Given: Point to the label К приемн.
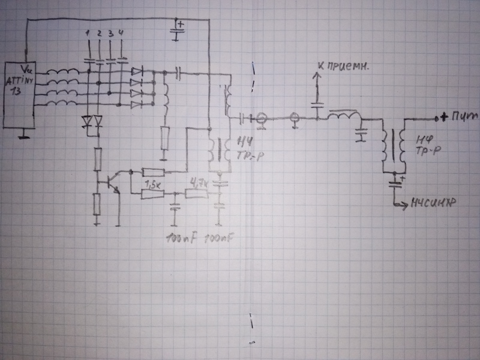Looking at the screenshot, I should pos(347,65).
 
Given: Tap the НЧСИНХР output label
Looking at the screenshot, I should pos(431,205).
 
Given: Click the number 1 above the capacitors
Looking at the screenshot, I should pos(89,31).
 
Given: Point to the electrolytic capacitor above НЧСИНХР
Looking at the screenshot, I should pos(394,178).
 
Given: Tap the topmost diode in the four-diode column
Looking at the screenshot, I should pos(137,71).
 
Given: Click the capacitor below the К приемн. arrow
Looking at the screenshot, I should pos(316,107).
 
